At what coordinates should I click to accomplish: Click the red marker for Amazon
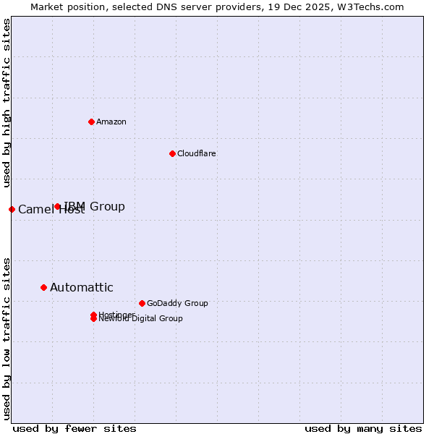(91, 122)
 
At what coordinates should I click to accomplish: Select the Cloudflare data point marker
(172, 153)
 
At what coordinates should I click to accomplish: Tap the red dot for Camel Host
(12, 209)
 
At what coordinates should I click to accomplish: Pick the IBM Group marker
(58, 206)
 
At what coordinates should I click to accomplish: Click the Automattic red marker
(43, 287)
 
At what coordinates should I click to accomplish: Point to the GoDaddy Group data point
(142, 303)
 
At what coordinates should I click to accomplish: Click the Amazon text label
(111, 122)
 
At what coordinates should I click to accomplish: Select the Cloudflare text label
(197, 153)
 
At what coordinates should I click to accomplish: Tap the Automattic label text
(81, 287)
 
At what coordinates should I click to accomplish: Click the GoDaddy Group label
(177, 303)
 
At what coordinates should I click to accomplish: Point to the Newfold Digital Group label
(141, 319)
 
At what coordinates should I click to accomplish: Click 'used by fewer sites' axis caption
(75, 428)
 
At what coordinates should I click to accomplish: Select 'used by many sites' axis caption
(363, 428)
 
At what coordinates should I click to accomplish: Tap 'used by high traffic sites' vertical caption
(7, 103)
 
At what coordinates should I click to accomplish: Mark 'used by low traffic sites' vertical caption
(7, 338)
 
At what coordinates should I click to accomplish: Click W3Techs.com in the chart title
(374, 7)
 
